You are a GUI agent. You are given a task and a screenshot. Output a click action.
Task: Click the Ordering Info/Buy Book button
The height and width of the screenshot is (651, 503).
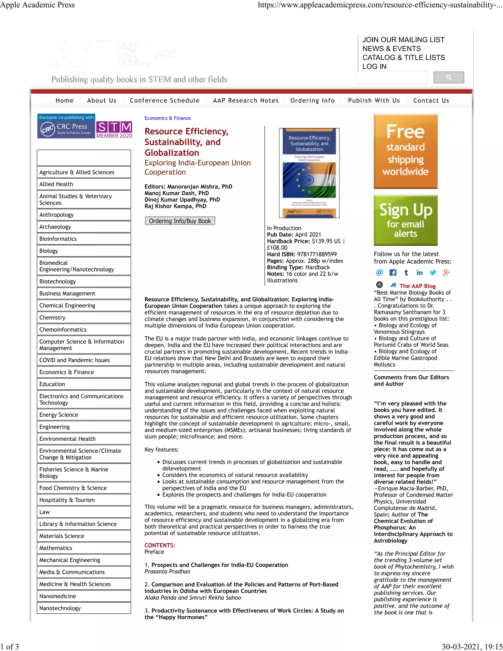[180, 221]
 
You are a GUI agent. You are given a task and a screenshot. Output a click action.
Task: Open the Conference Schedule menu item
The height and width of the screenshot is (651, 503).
[165, 100]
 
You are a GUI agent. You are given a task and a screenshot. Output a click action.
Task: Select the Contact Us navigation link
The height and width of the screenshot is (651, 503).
[431, 100]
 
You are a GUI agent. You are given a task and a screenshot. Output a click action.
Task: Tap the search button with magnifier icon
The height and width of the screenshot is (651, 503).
[448, 77]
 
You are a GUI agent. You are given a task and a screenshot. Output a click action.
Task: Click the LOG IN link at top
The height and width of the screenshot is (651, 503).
[374, 67]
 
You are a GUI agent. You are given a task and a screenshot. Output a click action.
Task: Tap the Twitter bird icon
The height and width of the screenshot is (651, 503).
[433, 272]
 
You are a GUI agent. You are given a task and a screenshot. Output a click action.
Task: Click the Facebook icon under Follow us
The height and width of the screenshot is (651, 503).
[393, 272]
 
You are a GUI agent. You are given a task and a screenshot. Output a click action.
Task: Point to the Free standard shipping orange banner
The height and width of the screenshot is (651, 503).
[405, 151]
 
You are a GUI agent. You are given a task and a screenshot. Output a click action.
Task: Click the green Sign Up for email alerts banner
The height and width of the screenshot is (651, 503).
[405, 220]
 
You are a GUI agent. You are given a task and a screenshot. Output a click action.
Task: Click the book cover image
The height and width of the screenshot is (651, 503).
[309, 173]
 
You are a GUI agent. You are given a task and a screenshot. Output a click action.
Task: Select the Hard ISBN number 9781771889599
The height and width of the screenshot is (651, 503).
[317, 254]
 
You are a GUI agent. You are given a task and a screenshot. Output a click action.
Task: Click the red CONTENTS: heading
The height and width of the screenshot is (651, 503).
[160, 545]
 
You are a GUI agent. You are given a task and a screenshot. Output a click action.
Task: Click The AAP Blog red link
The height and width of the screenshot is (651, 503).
[417, 286]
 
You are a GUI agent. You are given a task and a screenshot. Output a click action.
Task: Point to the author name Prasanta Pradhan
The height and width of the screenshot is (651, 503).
[167, 571]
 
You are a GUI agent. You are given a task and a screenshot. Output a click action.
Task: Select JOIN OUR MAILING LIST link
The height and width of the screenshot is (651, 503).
[403, 40]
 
